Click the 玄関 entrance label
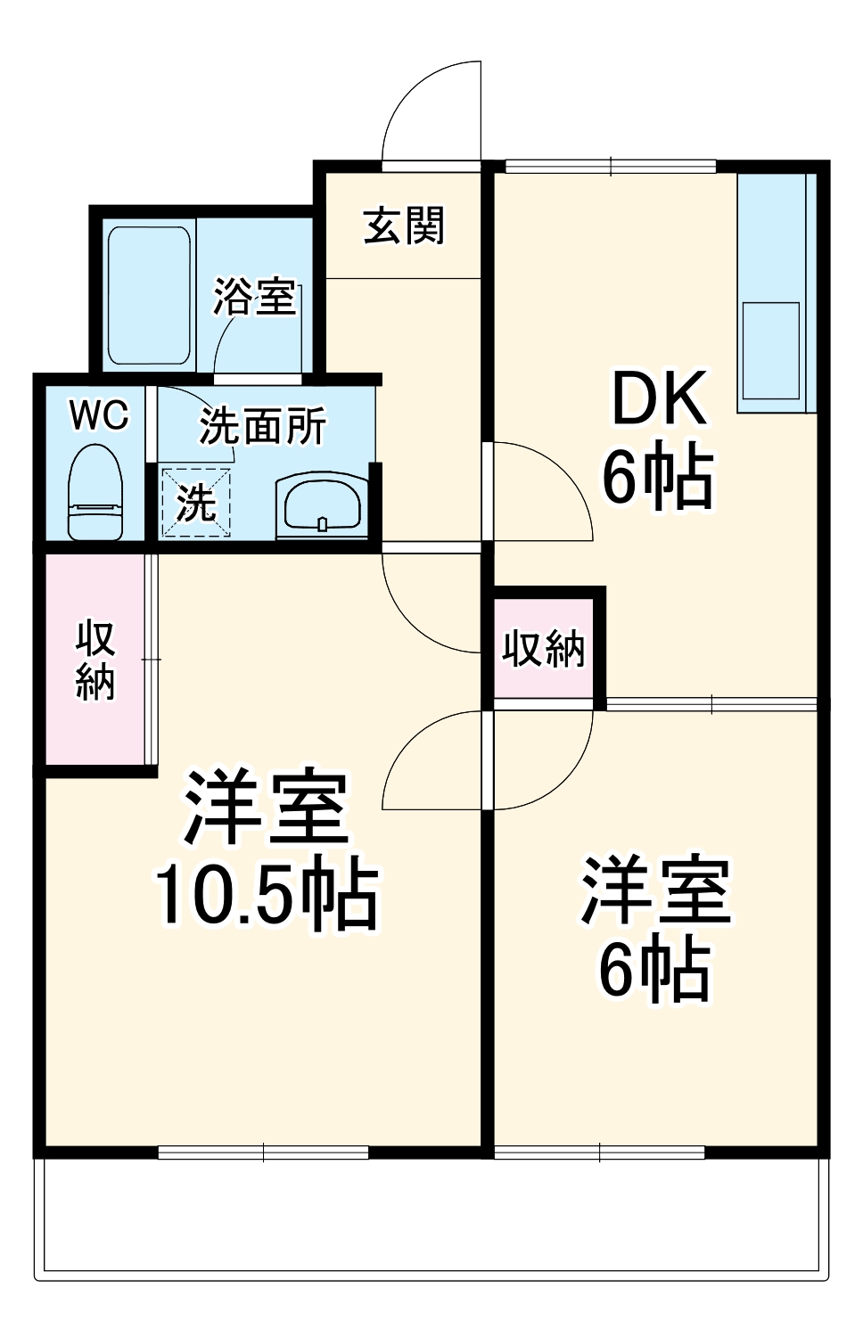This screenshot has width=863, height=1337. pyautogui.click(x=403, y=226)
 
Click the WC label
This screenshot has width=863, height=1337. pyautogui.click(x=99, y=415)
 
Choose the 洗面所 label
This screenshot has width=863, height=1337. pyautogui.click(x=262, y=426)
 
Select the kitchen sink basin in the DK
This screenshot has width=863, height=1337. pyautogui.click(x=771, y=349)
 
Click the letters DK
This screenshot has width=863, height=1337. pyautogui.click(x=658, y=400)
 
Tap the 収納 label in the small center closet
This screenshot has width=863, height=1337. pyautogui.click(x=543, y=648)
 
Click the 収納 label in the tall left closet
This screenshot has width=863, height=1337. pyautogui.click(x=95, y=660)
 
